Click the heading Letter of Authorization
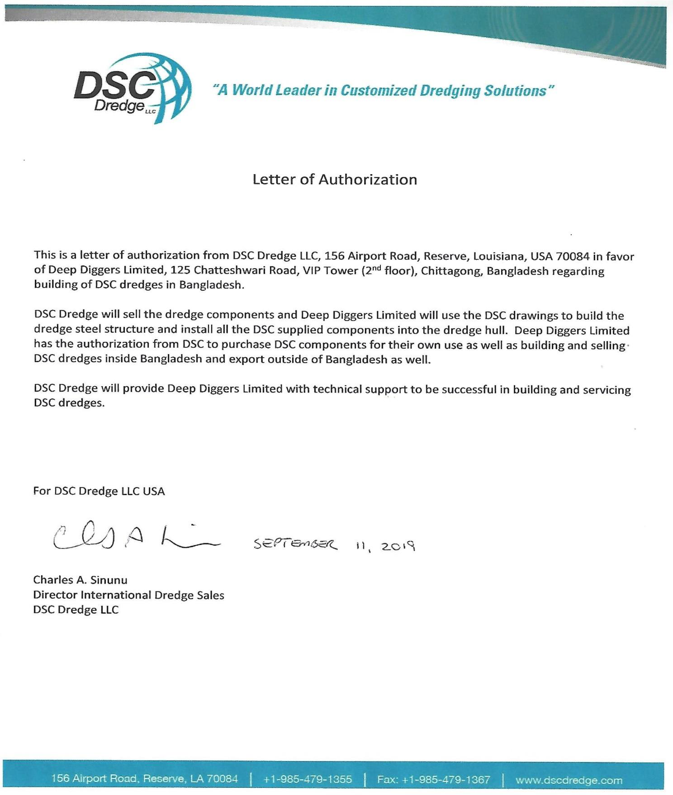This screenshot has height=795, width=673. tap(335, 180)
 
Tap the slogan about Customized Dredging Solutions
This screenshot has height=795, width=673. tap(384, 90)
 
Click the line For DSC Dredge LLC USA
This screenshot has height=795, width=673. tap(99, 491)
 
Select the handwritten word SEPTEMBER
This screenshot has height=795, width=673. tap(295, 544)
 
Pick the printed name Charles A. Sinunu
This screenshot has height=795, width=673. tap(80, 580)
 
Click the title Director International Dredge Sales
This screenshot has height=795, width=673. tap(128, 595)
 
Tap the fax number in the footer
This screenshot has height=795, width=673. tap(433, 779)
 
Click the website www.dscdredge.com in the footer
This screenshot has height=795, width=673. tap(569, 780)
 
